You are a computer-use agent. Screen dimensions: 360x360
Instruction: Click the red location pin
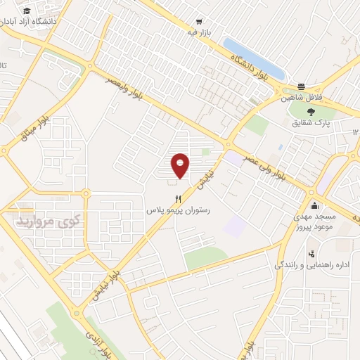coord(181,165)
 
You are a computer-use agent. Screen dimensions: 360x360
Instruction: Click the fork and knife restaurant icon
coord(178,199)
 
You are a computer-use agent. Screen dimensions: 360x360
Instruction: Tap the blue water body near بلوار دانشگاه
coord(253,59)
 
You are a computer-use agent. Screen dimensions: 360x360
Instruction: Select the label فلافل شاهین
coord(302,97)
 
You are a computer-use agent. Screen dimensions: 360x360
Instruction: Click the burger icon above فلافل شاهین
coord(302,86)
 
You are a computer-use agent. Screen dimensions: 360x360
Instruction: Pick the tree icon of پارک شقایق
coord(311,110)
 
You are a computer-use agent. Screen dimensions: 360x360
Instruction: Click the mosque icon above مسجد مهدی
coord(314,206)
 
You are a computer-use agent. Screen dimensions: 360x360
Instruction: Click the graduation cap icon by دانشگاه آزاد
coord(26,12)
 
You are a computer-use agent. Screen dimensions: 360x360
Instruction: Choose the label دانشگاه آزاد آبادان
coord(28,22)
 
